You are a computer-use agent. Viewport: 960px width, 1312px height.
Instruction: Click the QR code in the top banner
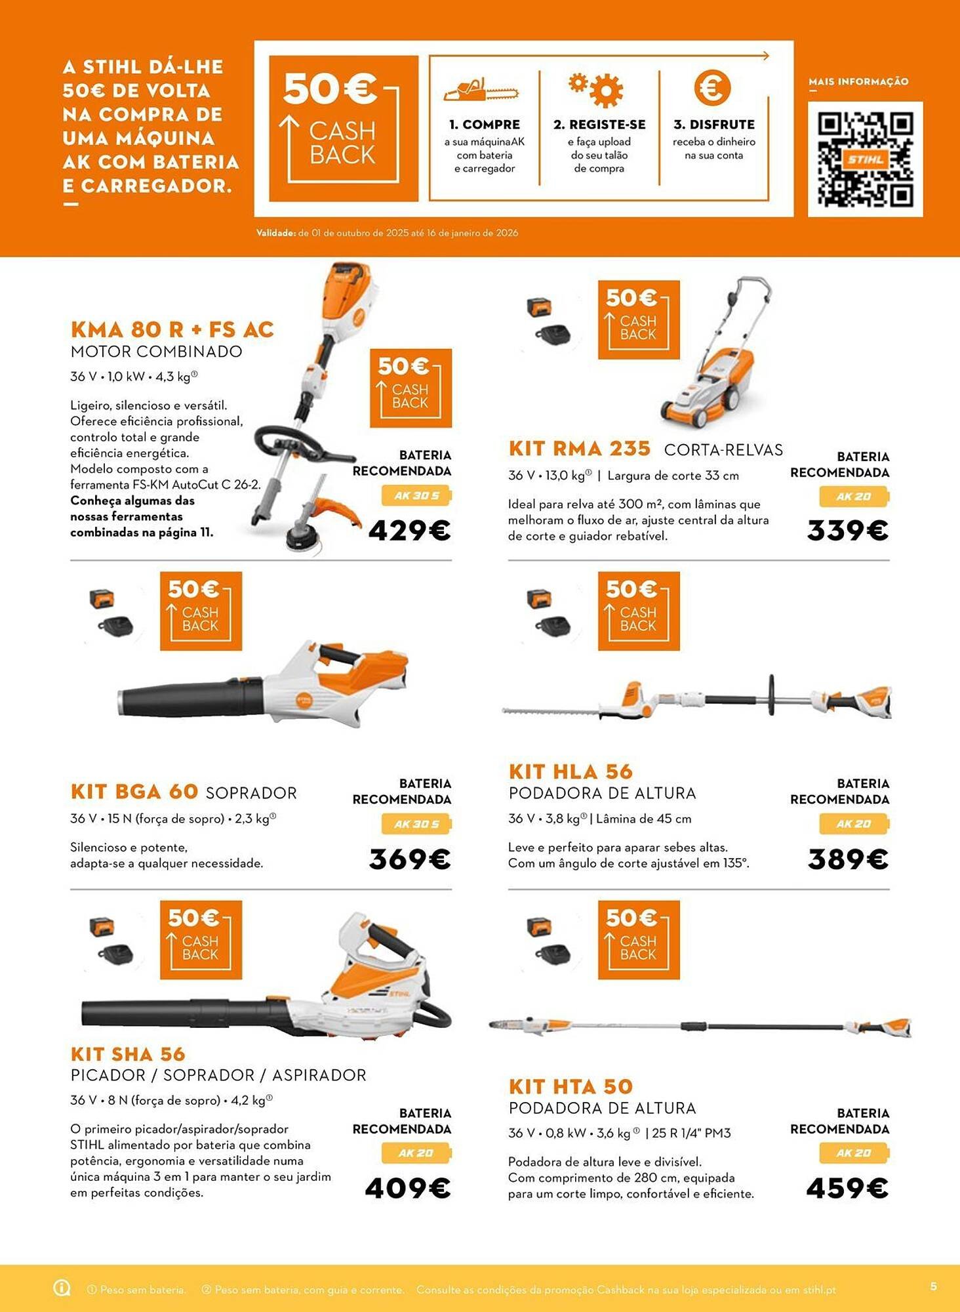[865, 159]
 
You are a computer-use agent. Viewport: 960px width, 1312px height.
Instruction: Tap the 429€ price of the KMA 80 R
[409, 531]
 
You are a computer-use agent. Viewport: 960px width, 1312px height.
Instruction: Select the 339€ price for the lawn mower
[847, 531]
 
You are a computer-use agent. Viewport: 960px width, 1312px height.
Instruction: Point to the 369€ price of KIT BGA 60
[409, 859]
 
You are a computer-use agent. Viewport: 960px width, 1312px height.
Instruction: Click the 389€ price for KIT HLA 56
[847, 859]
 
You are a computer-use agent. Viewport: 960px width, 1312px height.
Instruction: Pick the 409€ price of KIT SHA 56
[407, 1188]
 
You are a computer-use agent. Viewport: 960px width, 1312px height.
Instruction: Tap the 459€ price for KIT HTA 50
[847, 1188]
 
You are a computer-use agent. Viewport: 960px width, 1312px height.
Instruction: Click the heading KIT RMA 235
[579, 449]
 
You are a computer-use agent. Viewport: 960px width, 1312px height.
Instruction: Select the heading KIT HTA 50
[570, 1086]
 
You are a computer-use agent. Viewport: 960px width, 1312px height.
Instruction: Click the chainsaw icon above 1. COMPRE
[481, 91]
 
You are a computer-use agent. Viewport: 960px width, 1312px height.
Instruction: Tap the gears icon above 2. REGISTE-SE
[596, 89]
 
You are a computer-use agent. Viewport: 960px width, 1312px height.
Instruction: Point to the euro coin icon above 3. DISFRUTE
[712, 88]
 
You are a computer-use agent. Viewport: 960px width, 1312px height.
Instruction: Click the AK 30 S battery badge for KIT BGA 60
[416, 824]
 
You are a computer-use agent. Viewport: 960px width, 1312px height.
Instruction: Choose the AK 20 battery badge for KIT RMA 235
[854, 497]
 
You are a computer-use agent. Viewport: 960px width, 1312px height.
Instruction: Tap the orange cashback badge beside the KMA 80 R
[410, 388]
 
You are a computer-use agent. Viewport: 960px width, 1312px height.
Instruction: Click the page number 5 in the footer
[934, 1286]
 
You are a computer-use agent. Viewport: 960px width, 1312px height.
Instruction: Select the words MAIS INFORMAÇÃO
[858, 82]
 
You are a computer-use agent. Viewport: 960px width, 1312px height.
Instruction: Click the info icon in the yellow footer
[62, 1288]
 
